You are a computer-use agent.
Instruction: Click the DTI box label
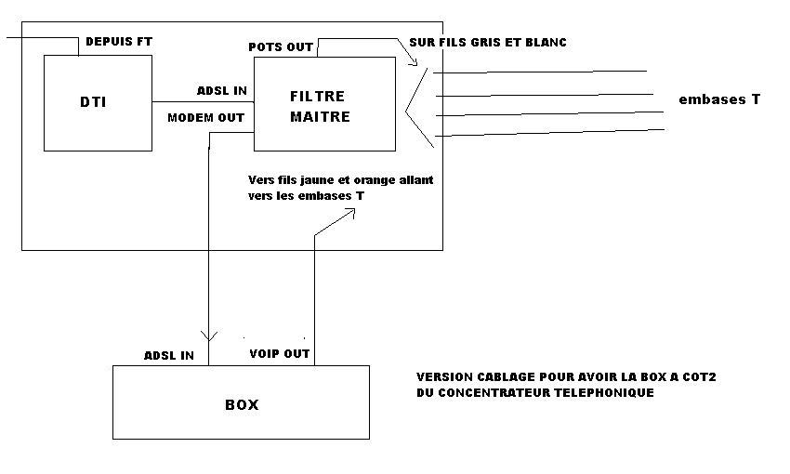93,101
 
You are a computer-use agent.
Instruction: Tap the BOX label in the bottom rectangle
242,405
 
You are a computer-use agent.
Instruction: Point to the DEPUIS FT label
118,42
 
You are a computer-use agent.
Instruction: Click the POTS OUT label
280,46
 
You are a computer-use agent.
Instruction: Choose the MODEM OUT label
205,118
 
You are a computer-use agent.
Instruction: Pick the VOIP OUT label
280,354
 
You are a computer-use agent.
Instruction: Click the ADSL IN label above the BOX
169,355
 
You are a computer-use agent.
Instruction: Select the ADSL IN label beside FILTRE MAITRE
221,91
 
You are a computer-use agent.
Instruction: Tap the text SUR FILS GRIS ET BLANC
488,43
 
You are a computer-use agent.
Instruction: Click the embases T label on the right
719,99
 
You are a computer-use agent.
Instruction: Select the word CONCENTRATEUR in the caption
495,393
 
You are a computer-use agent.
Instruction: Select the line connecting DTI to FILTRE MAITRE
203,102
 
